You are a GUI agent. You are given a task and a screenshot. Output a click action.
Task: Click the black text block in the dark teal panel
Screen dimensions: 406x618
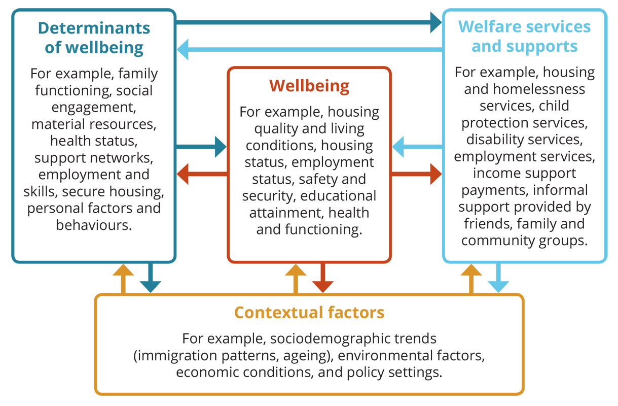click(94, 147)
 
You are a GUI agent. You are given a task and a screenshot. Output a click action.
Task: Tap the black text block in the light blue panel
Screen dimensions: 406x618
click(525, 152)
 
